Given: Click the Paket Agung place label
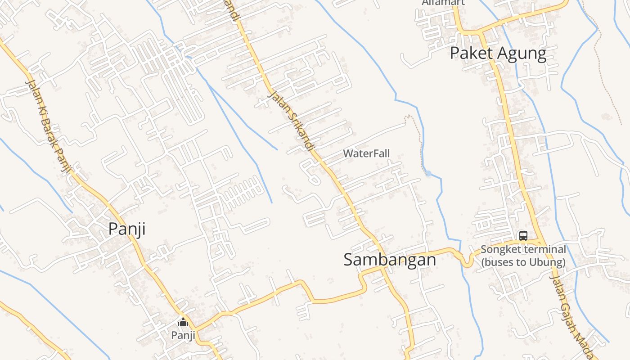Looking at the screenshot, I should [x=498, y=54].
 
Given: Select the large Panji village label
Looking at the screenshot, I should [x=127, y=229].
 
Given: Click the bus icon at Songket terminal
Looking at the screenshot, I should [x=523, y=235].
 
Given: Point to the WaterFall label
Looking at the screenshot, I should [x=366, y=153].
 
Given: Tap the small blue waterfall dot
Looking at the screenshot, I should [x=428, y=173].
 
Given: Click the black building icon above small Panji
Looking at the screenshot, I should [x=183, y=322].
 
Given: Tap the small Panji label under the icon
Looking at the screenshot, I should [x=183, y=335].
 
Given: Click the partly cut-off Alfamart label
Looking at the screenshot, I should [x=443, y=3].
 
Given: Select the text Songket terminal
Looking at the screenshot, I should [x=523, y=249].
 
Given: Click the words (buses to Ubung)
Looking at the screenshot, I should [x=523, y=262].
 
